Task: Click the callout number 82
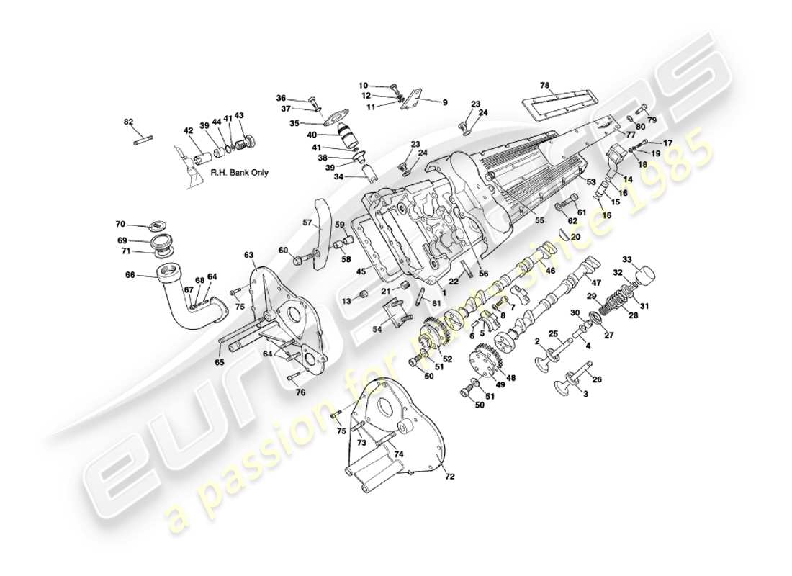pyautogui.click(x=129, y=122)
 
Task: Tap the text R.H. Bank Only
pyautogui.click(x=239, y=174)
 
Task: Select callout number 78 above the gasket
pyautogui.click(x=545, y=86)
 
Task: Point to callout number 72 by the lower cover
pyautogui.click(x=450, y=476)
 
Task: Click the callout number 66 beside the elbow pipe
pyautogui.click(x=130, y=274)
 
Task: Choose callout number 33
pyautogui.click(x=626, y=259)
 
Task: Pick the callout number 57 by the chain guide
pyautogui.click(x=307, y=223)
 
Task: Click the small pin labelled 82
pyautogui.click(x=141, y=140)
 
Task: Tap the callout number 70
pyautogui.click(x=120, y=225)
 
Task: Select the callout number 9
pyautogui.click(x=444, y=102)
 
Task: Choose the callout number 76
pyautogui.click(x=300, y=392)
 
